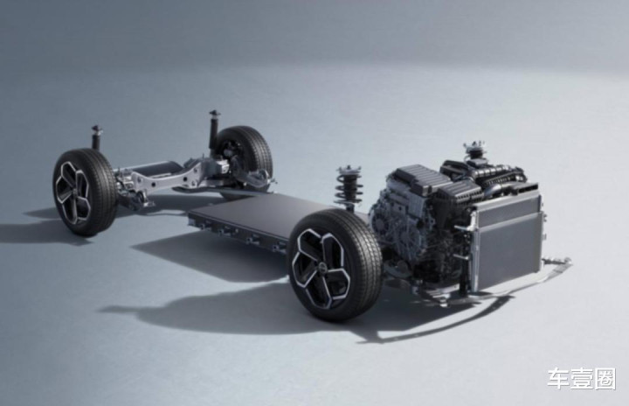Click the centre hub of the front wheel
click(x=320, y=265)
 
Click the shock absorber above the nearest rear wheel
click(x=96, y=138)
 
